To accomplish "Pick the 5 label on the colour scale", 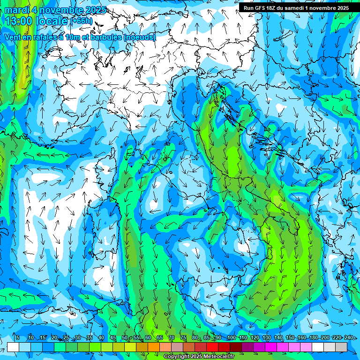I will tap(17, 338).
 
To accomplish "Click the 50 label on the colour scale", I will tap(124, 338).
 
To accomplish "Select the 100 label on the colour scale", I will tap(231, 338).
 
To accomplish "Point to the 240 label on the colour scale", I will tap(348, 338).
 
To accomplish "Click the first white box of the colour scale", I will tap(13, 347).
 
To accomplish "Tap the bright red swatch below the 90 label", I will tap(212, 347).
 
